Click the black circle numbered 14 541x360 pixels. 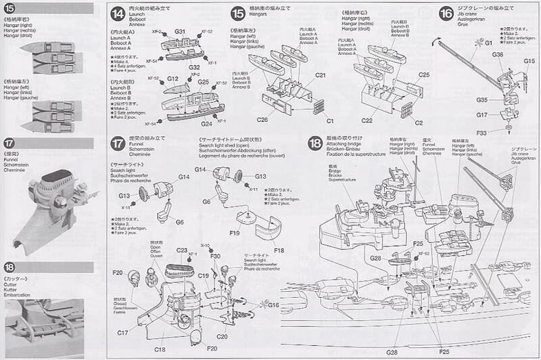tap(118, 14)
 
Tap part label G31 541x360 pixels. tap(180, 32)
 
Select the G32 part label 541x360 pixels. tap(193, 67)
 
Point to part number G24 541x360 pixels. tap(187, 124)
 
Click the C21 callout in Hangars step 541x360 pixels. tap(321, 74)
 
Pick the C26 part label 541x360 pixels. tap(263, 120)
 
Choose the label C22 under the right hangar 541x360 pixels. tap(368, 120)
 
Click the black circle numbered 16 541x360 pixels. tap(446, 14)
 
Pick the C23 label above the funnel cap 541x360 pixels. tap(182, 251)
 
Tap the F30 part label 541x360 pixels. tap(215, 256)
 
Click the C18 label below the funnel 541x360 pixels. tap(160, 348)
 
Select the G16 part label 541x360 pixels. tap(273, 305)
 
